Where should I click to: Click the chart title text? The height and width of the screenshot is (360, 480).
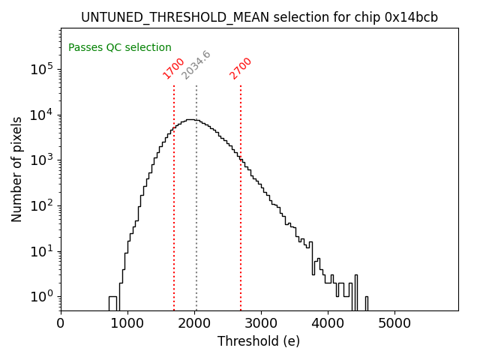pyautogui.click(x=259, y=17)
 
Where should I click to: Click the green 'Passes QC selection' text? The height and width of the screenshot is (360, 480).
pyautogui.click(x=120, y=47)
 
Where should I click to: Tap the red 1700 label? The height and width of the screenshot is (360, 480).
pyautogui.click(x=173, y=68)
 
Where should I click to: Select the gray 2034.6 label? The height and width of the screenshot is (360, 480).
pyautogui.click(x=196, y=65)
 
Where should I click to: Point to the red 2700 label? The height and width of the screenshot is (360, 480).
pyautogui.click(x=241, y=68)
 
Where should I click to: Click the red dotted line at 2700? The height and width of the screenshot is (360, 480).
pyautogui.click(x=241, y=225)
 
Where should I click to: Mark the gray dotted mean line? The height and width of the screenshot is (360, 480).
pyautogui.click(x=196, y=225)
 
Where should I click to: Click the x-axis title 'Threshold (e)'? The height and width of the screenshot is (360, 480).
pyautogui.click(x=259, y=341)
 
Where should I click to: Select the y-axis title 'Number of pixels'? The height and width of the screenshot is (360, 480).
pyautogui.click(x=17, y=169)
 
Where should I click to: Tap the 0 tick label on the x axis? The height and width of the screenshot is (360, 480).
pyautogui.click(x=61, y=324)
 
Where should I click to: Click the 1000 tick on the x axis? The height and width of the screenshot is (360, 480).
pyautogui.click(x=127, y=324)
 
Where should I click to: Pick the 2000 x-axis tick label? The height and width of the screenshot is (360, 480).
pyautogui.click(x=194, y=324)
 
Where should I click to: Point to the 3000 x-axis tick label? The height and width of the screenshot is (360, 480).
pyautogui.click(x=261, y=324)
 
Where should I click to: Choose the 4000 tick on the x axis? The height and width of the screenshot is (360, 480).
pyautogui.click(x=328, y=324)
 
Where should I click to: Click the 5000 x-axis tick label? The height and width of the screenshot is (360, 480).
pyautogui.click(x=394, y=324)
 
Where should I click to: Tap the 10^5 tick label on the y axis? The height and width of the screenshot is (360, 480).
pyautogui.click(x=42, y=70)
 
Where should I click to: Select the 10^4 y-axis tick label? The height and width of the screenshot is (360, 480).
pyautogui.click(x=42, y=115)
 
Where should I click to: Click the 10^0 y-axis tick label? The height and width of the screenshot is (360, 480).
pyautogui.click(x=42, y=297)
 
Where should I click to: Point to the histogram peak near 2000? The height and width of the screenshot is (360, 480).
pyautogui.click(x=192, y=119)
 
